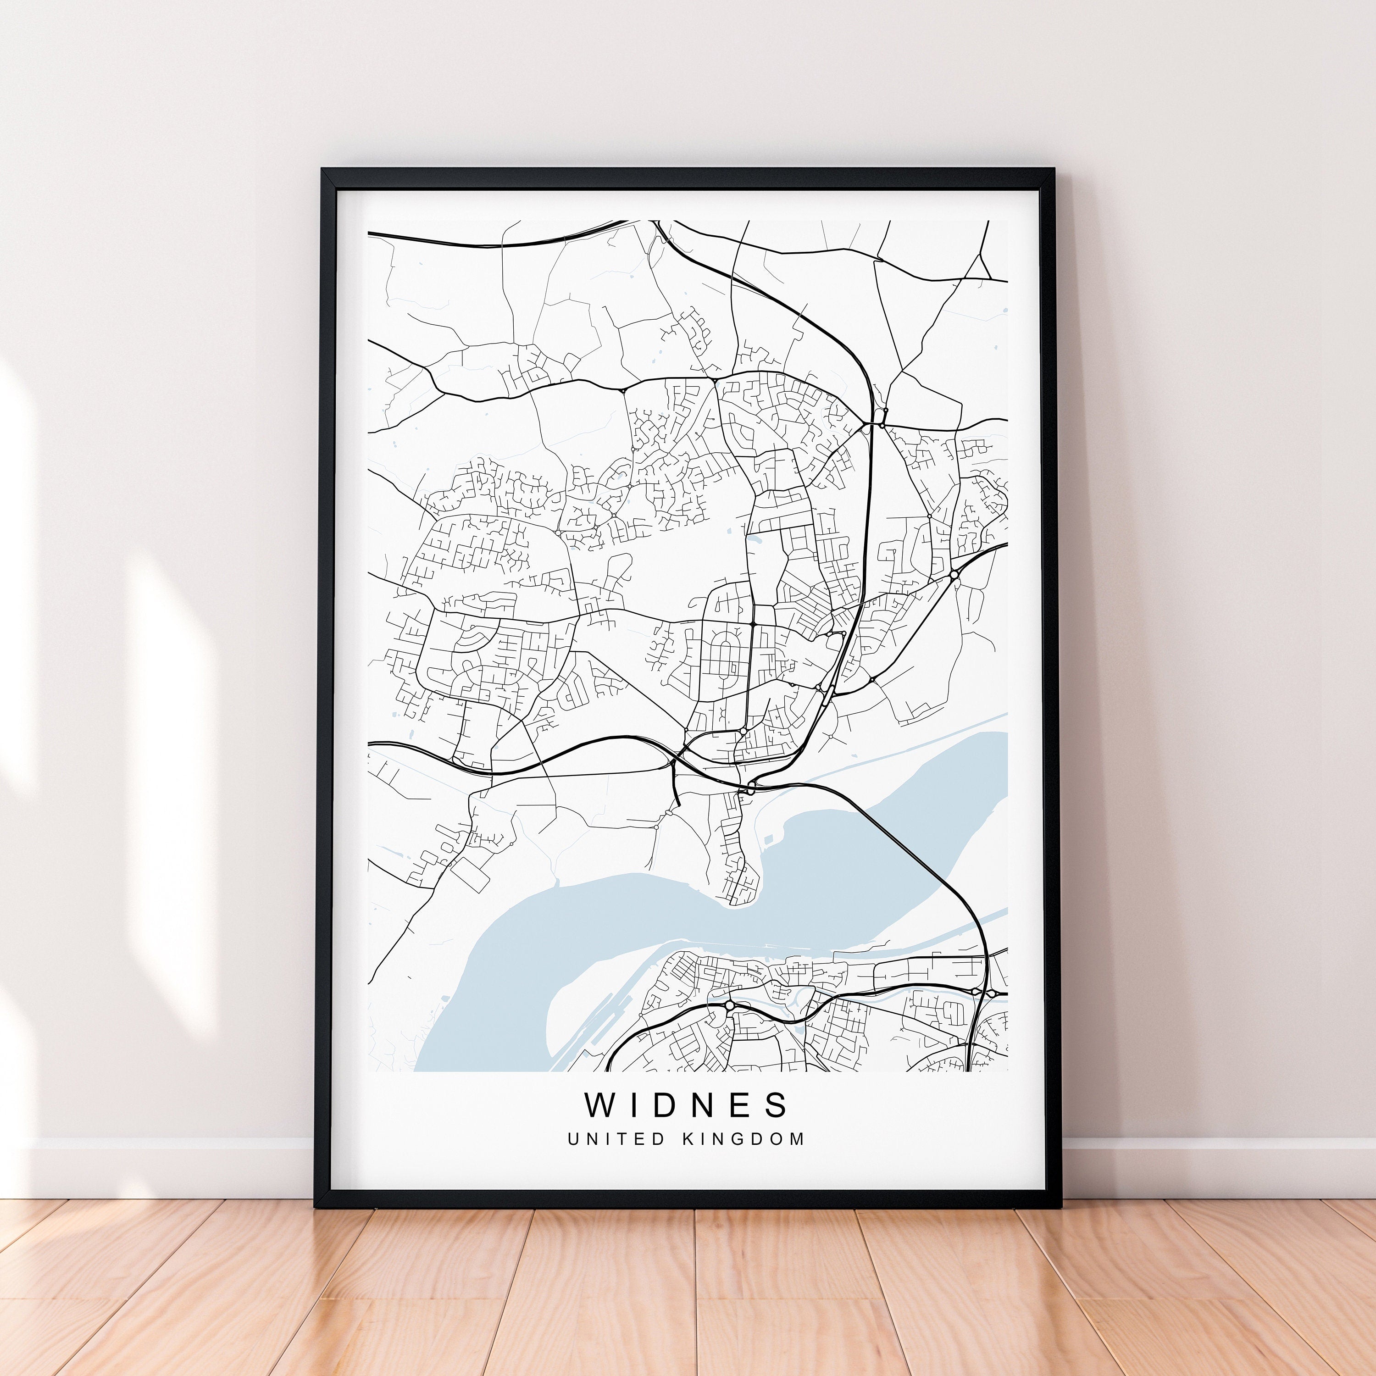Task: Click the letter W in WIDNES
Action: [x=599, y=1104]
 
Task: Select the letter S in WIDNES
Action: [x=778, y=1104]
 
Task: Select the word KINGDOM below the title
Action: [x=743, y=1139]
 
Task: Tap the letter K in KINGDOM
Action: [x=688, y=1139]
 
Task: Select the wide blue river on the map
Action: [x=641, y=919]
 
